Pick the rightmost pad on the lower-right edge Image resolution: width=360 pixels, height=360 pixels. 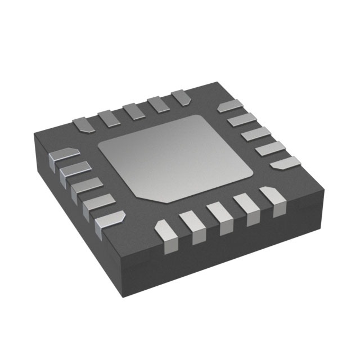(271, 201)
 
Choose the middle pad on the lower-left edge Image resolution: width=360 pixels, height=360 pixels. (85, 188)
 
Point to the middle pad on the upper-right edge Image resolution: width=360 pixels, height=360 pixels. (256, 134)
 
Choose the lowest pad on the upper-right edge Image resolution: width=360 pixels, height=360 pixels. (286, 163)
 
